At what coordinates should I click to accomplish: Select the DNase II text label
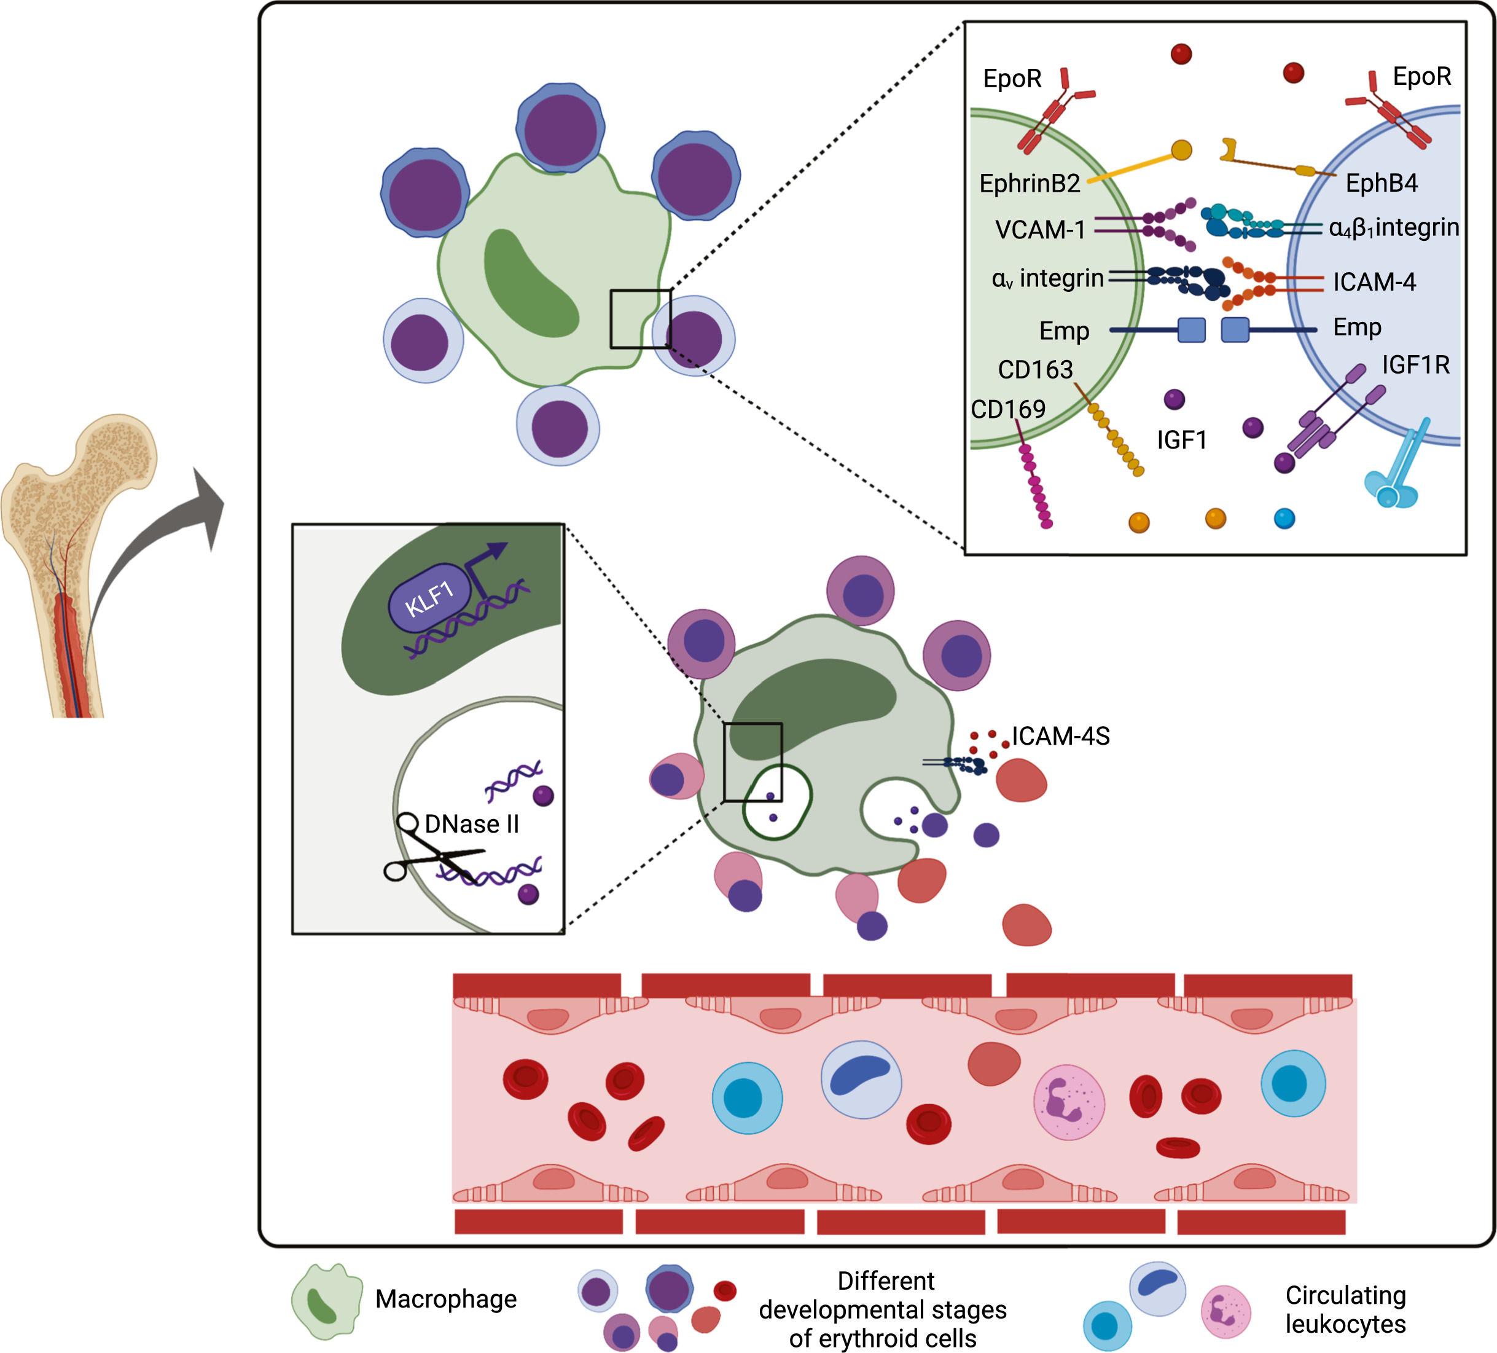pyautogui.click(x=472, y=823)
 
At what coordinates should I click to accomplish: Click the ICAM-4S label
pyautogui.click(x=1060, y=736)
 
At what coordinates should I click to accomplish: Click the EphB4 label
pyautogui.click(x=1381, y=184)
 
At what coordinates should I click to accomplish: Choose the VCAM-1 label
pyautogui.click(x=1039, y=230)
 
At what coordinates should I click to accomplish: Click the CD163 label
pyautogui.click(x=1035, y=369)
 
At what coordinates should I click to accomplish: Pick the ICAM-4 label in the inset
pyautogui.click(x=1374, y=282)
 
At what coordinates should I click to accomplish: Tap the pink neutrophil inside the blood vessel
pyautogui.click(x=1069, y=1102)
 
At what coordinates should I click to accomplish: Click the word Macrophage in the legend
pyautogui.click(x=445, y=1298)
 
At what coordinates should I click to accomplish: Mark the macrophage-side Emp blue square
pyautogui.click(x=1191, y=330)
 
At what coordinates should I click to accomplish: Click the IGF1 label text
pyautogui.click(x=1181, y=441)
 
